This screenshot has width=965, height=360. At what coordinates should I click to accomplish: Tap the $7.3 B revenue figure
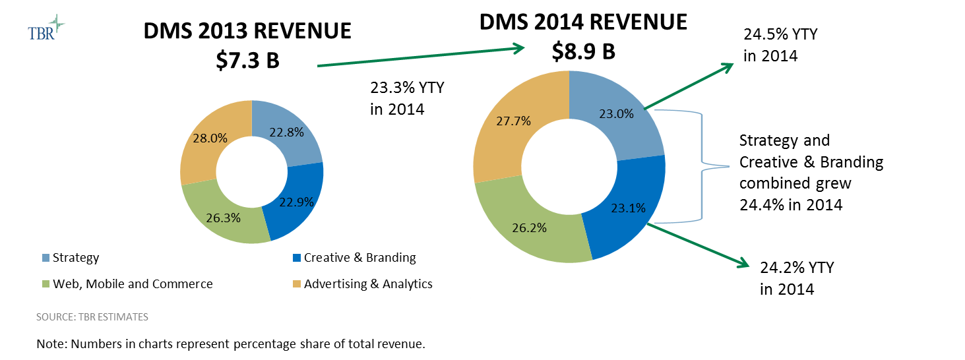pos(247,60)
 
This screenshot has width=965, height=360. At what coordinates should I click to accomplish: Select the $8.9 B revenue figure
pos(583,51)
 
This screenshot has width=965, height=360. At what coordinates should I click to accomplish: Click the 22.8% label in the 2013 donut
pos(286,132)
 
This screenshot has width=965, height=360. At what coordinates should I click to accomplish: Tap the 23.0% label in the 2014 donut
pos(616,113)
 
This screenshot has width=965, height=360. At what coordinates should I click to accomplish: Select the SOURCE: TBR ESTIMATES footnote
pos(92,317)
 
